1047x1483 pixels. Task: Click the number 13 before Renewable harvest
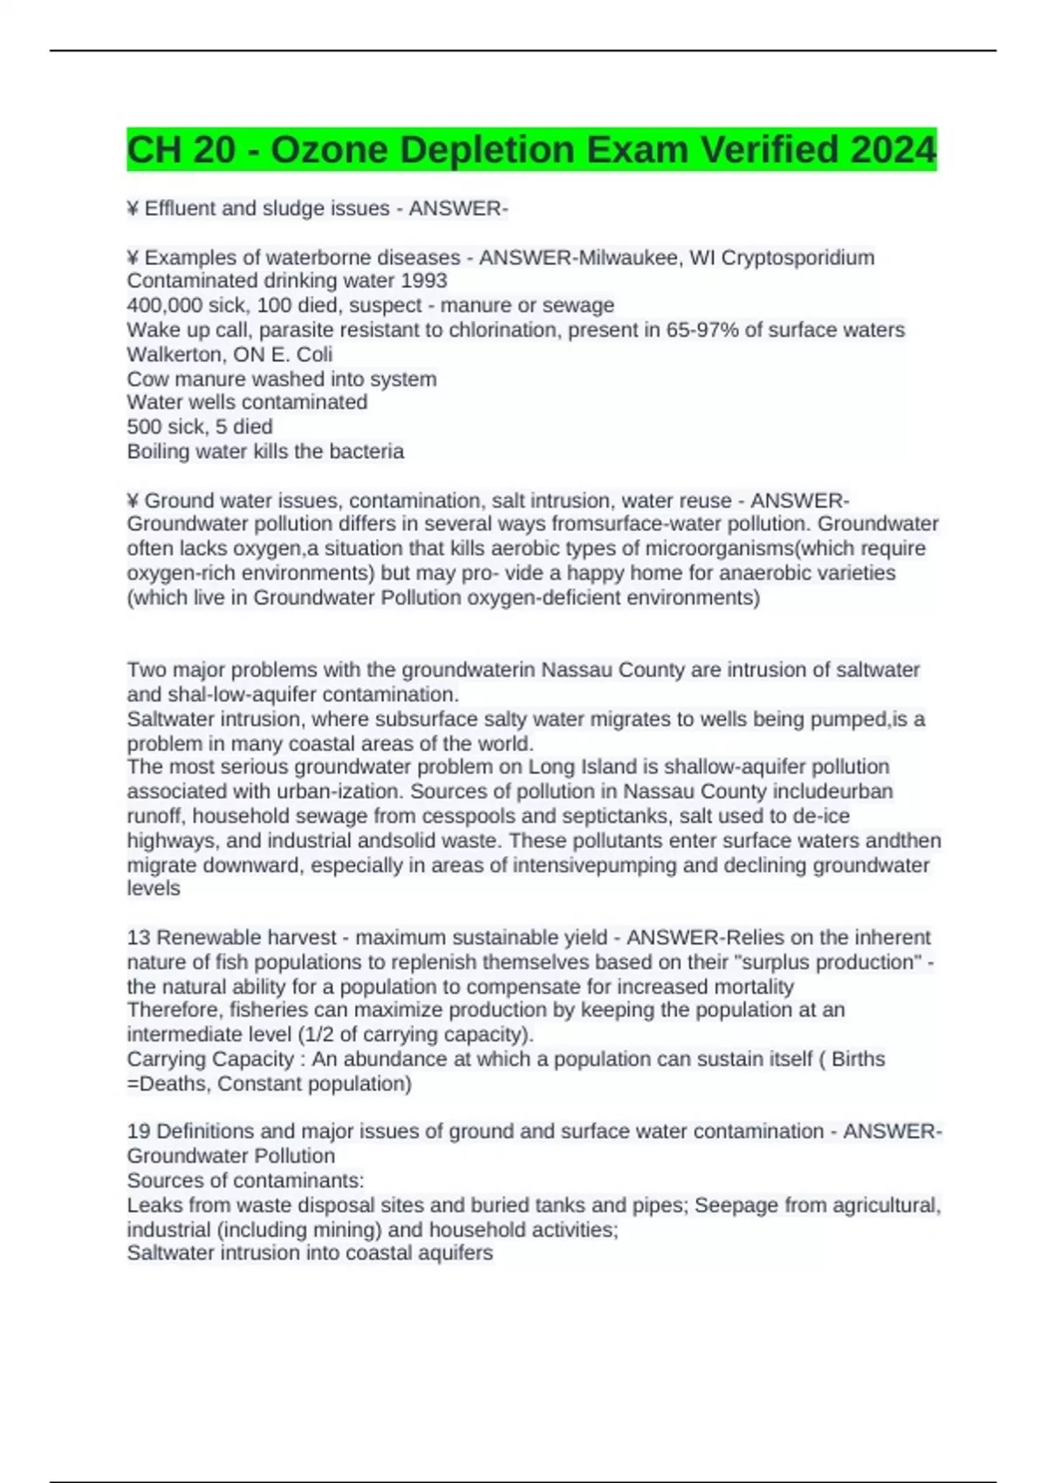pyautogui.click(x=139, y=938)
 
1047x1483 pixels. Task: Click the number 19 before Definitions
pyautogui.click(x=139, y=1131)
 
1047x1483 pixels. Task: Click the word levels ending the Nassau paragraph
pyautogui.click(x=154, y=889)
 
